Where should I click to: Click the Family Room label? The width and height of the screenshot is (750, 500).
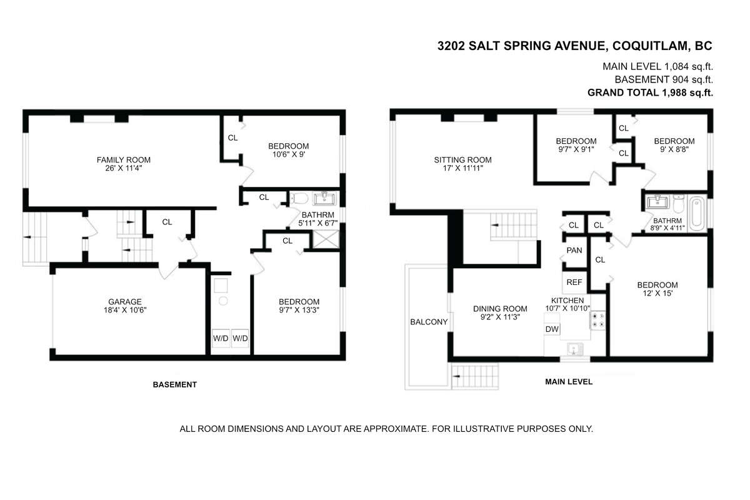coord(124,160)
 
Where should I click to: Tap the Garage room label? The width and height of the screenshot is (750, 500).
coord(125,302)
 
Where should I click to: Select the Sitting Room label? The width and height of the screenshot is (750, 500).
coord(462,160)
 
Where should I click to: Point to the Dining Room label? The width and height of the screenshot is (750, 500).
coord(500,309)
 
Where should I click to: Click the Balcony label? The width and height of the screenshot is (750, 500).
coord(429,322)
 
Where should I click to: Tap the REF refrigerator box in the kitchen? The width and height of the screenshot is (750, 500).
coord(574,282)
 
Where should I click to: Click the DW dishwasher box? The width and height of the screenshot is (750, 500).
coord(552,329)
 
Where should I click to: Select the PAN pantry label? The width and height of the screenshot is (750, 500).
coord(574,250)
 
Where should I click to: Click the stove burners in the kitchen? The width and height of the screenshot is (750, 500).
coord(598,320)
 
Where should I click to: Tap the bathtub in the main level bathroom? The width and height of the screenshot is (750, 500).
coord(697,213)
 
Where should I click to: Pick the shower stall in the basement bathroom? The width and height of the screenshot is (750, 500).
coord(326,239)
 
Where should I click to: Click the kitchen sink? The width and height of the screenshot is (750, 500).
coord(574,349)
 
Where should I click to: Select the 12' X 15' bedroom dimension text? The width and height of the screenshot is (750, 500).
coord(657,293)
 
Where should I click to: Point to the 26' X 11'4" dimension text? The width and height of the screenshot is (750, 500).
coord(124,168)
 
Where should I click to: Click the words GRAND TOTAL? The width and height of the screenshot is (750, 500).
coord(623,92)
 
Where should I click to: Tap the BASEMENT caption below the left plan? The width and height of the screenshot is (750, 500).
coord(175,384)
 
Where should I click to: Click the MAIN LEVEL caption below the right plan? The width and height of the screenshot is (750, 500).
coord(569,382)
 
